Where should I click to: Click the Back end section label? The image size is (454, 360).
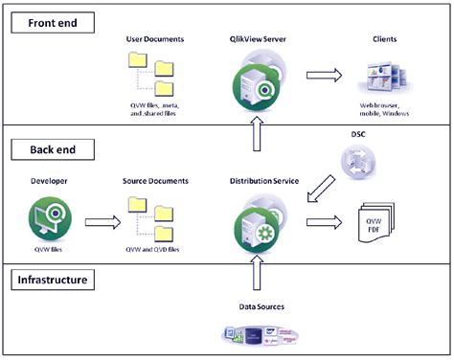click(45, 149)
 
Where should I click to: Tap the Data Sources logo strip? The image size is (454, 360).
click(257, 334)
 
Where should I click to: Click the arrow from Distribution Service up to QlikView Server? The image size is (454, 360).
click(254, 139)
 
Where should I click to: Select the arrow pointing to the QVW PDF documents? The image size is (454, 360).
click(322, 223)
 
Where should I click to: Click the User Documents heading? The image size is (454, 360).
click(156, 38)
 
